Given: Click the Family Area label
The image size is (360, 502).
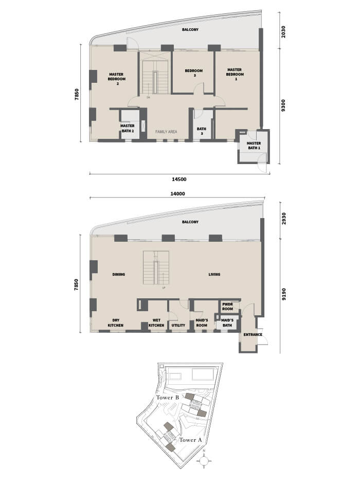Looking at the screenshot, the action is (x=166, y=132).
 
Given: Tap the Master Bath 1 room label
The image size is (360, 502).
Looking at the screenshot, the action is (x=254, y=146).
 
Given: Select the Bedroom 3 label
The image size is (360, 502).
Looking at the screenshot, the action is (x=194, y=73).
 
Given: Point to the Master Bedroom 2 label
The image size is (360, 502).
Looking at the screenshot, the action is (x=116, y=79).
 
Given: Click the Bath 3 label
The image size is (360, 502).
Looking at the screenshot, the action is (x=202, y=131).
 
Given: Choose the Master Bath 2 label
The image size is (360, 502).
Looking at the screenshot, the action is (x=128, y=129).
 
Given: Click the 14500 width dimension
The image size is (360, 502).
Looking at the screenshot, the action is (x=179, y=180).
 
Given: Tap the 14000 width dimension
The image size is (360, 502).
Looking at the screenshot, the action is (x=177, y=194).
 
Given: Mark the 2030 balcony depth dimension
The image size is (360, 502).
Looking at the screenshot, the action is (x=283, y=32).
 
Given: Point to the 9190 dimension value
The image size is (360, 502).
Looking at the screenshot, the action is (x=283, y=294).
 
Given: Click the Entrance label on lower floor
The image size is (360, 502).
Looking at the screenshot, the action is (x=253, y=334).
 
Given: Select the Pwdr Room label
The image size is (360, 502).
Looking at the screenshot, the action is (x=227, y=307).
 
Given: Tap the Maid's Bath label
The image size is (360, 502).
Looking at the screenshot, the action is (x=227, y=322).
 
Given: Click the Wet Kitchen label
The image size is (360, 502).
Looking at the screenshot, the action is (x=156, y=322).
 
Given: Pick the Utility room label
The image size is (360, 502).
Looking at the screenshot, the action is (x=178, y=325).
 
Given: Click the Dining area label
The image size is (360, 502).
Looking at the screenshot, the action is (x=119, y=274).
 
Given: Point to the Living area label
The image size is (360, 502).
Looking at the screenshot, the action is (x=214, y=274).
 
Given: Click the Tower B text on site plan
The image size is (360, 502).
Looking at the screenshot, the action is (x=167, y=398).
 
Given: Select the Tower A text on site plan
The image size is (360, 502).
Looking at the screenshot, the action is (x=190, y=440).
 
